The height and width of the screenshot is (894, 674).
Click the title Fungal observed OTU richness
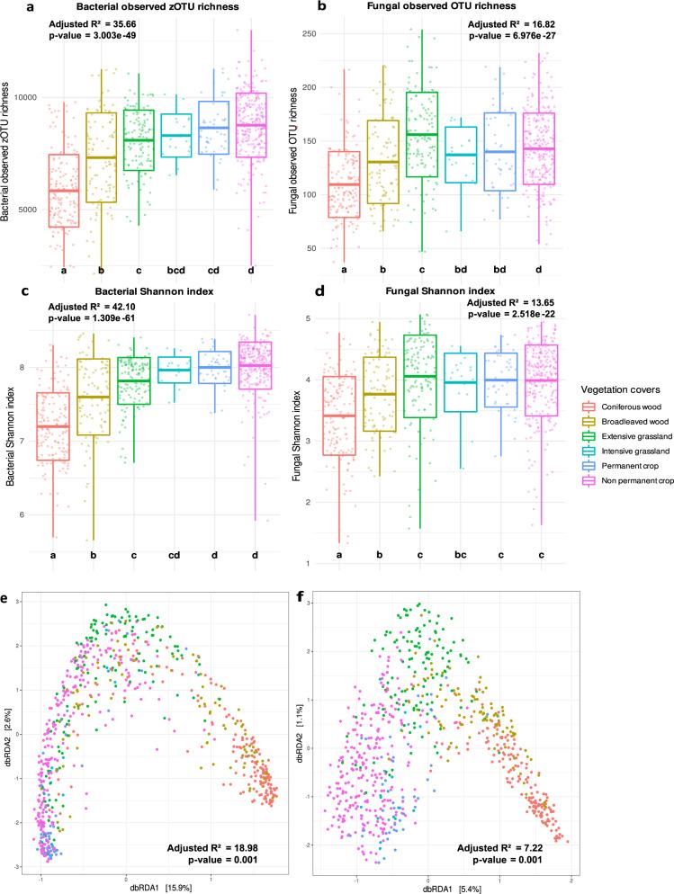pos(417,9)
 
